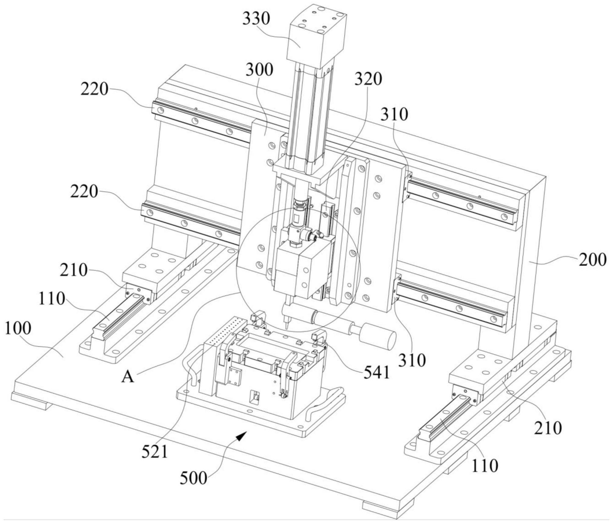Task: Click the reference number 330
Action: click(x=256, y=19)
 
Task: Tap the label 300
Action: click(x=259, y=70)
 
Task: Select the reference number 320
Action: click(x=368, y=79)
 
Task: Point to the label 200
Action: click(x=592, y=260)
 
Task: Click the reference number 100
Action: click(x=18, y=328)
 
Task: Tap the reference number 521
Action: click(x=155, y=452)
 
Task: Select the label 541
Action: click(x=377, y=372)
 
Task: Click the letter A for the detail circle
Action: click(x=128, y=377)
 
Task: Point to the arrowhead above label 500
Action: click(x=242, y=436)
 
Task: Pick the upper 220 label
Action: click(x=94, y=89)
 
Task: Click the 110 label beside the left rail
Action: click(x=52, y=298)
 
